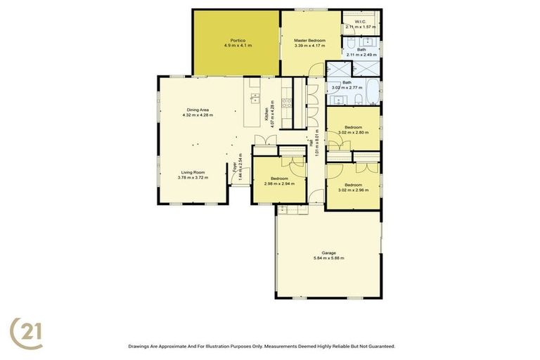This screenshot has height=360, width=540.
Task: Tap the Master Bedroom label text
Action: (x=309, y=40)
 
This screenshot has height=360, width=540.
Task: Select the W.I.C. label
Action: (x=361, y=22)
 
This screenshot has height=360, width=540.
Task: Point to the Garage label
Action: (x=328, y=252)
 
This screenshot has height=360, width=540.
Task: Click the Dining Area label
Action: (x=197, y=109)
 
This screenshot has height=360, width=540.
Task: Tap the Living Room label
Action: (x=193, y=172)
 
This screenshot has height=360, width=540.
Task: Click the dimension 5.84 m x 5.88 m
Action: (x=328, y=258)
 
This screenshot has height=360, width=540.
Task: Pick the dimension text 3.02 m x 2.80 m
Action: (x=354, y=132)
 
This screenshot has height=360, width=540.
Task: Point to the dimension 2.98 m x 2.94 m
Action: (x=278, y=184)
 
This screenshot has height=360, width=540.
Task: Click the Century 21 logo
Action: (x=26, y=333)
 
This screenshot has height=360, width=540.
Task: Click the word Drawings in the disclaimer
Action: (x=139, y=346)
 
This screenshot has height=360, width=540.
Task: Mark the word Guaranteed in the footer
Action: (x=379, y=346)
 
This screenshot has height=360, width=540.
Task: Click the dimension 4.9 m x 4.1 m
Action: (x=238, y=46)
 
